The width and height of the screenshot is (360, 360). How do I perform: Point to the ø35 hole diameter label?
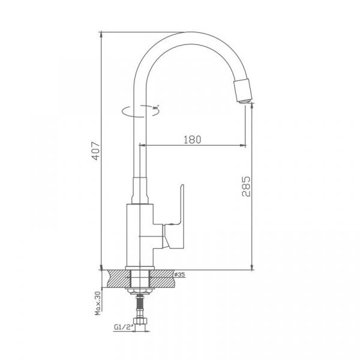(178, 275)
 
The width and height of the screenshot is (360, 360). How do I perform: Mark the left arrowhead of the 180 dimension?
(143, 145)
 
